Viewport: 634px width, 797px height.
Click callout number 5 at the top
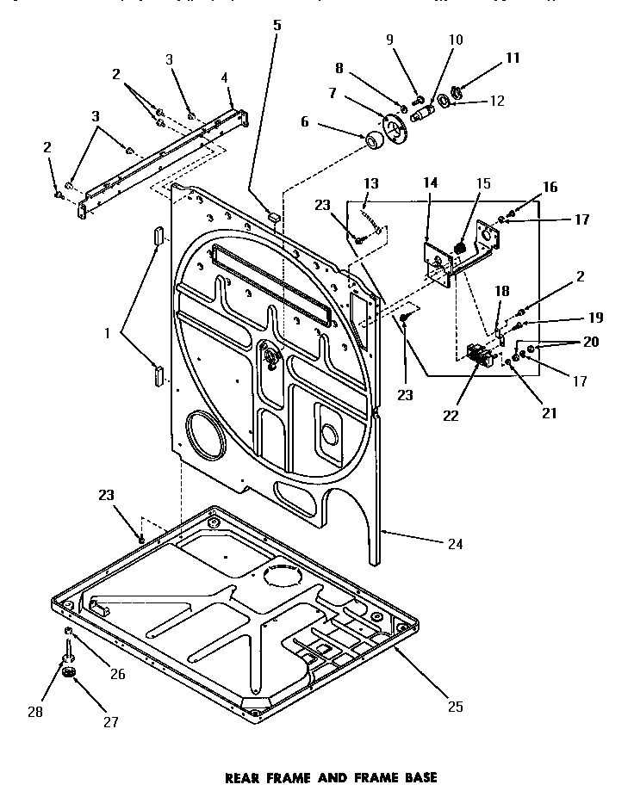(277, 25)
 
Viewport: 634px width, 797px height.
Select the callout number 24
(455, 543)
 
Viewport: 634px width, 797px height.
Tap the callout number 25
(455, 707)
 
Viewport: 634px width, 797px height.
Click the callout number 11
(513, 59)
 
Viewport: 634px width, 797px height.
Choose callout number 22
(450, 416)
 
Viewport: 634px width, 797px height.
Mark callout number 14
(431, 182)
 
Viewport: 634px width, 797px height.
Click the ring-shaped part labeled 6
(375, 140)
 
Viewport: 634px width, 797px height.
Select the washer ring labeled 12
(444, 102)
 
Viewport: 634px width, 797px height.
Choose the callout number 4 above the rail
(224, 77)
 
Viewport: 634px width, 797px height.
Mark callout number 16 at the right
(550, 188)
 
